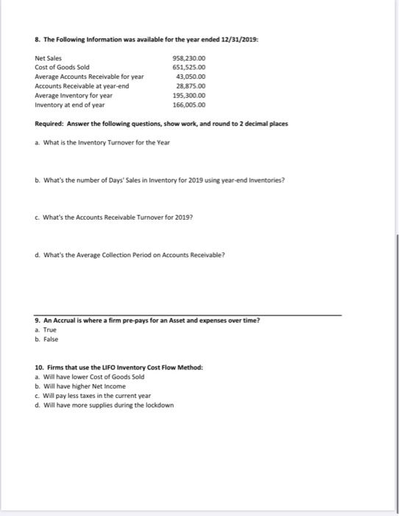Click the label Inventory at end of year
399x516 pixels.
point(69,105)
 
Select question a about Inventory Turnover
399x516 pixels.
point(102,142)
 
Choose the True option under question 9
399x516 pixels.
point(45,331)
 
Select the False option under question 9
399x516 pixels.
point(46,340)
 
